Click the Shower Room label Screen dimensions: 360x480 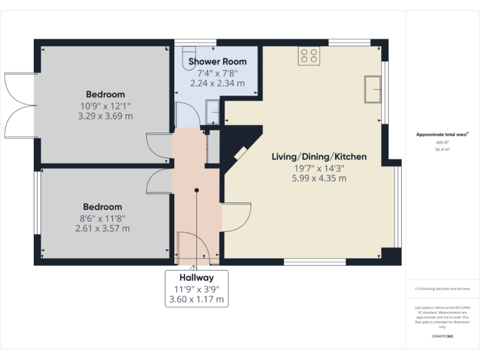(x=217, y=61)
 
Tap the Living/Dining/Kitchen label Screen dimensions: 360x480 (x=319, y=156)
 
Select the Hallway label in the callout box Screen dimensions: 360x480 (x=197, y=277)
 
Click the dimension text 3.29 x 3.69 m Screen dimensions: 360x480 (x=105, y=116)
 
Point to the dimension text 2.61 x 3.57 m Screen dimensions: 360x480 (x=102, y=228)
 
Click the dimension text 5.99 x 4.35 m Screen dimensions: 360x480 (x=319, y=178)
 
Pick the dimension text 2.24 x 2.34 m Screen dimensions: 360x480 (x=217, y=82)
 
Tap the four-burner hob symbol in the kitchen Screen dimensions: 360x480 (x=308, y=56)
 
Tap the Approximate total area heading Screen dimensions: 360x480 (x=442, y=134)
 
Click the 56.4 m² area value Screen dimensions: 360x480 (x=442, y=149)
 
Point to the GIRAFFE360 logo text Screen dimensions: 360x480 (x=442, y=336)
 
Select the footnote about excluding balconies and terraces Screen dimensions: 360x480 (x=442, y=289)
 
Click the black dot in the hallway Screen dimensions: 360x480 (x=197, y=190)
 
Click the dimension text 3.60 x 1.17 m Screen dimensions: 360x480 (x=197, y=299)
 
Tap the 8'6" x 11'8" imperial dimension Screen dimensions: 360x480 (x=102, y=217)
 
